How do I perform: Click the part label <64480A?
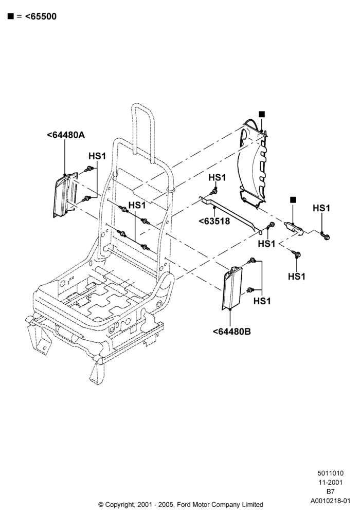click(x=66, y=135)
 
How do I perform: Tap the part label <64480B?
click(x=232, y=332)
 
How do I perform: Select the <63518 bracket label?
click(x=214, y=221)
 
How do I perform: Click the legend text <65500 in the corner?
click(x=41, y=16)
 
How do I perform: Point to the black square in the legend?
click(x=11, y=16)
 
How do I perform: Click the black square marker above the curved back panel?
click(x=262, y=114)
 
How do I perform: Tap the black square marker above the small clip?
click(x=293, y=199)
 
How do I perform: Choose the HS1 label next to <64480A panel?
click(x=97, y=156)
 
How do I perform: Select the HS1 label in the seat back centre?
click(x=137, y=205)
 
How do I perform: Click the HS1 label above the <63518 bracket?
click(x=217, y=177)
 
